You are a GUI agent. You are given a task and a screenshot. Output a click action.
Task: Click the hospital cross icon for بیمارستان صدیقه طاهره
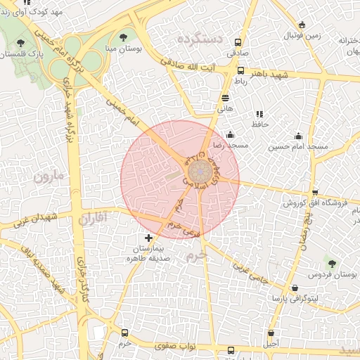click(x=148, y=239)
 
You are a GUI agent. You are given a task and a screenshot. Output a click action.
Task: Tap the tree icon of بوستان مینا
click(x=124, y=37)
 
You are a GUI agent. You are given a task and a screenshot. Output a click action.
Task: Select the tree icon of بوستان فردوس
click(x=331, y=264)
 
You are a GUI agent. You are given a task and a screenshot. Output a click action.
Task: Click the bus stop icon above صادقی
click(x=238, y=41)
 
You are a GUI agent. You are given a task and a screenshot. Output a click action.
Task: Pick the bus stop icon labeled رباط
click(x=241, y=71)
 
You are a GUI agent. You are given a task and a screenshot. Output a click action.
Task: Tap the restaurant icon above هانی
click(x=225, y=98)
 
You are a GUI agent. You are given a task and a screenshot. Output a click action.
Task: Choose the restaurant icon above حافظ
click(x=259, y=113)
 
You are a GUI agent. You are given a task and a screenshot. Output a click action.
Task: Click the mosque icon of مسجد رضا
click(x=231, y=134)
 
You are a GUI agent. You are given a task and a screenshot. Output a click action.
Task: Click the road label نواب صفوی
click(x=179, y=347)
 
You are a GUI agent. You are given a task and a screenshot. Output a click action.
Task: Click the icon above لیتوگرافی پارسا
click(x=294, y=288)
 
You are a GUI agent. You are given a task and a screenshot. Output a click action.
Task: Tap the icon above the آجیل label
click(x=271, y=333)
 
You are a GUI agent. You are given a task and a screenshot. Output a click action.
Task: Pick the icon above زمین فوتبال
click(x=302, y=25)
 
